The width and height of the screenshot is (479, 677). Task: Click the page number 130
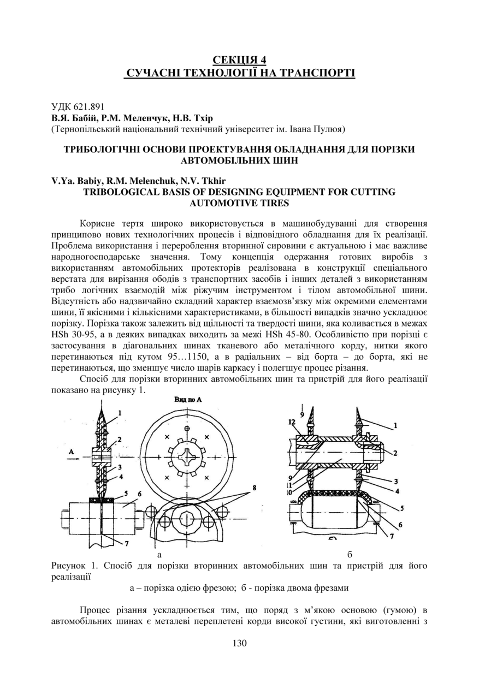[x=239, y=643]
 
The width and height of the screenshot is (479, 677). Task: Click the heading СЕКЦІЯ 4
[x=239, y=60]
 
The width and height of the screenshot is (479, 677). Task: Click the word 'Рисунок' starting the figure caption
[x=72, y=566]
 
